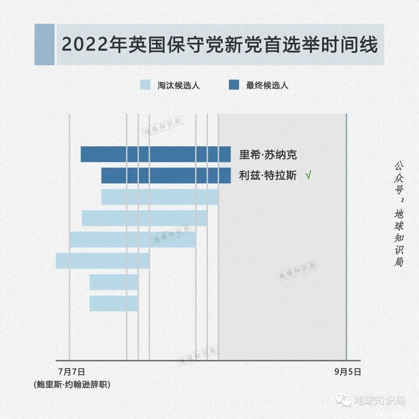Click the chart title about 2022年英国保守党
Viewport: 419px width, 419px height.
click(220, 45)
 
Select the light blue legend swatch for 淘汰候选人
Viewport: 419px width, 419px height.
click(145, 85)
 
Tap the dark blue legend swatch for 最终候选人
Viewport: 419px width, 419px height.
click(234, 85)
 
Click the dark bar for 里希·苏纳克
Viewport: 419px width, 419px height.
click(155, 154)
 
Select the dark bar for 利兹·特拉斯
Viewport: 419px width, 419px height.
click(166, 175)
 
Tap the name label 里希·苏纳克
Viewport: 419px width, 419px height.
click(268, 155)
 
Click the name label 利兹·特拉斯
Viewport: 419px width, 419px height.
click(268, 176)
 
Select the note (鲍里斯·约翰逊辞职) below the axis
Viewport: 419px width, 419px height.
click(72, 384)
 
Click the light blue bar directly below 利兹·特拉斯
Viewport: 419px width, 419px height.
click(160, 197)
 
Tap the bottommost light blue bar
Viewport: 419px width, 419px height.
click(114, 303)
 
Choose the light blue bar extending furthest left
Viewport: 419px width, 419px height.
click(102, 261)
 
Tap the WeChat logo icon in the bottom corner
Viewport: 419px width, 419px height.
click(343, 400)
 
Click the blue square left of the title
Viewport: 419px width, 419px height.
click(44, 44)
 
